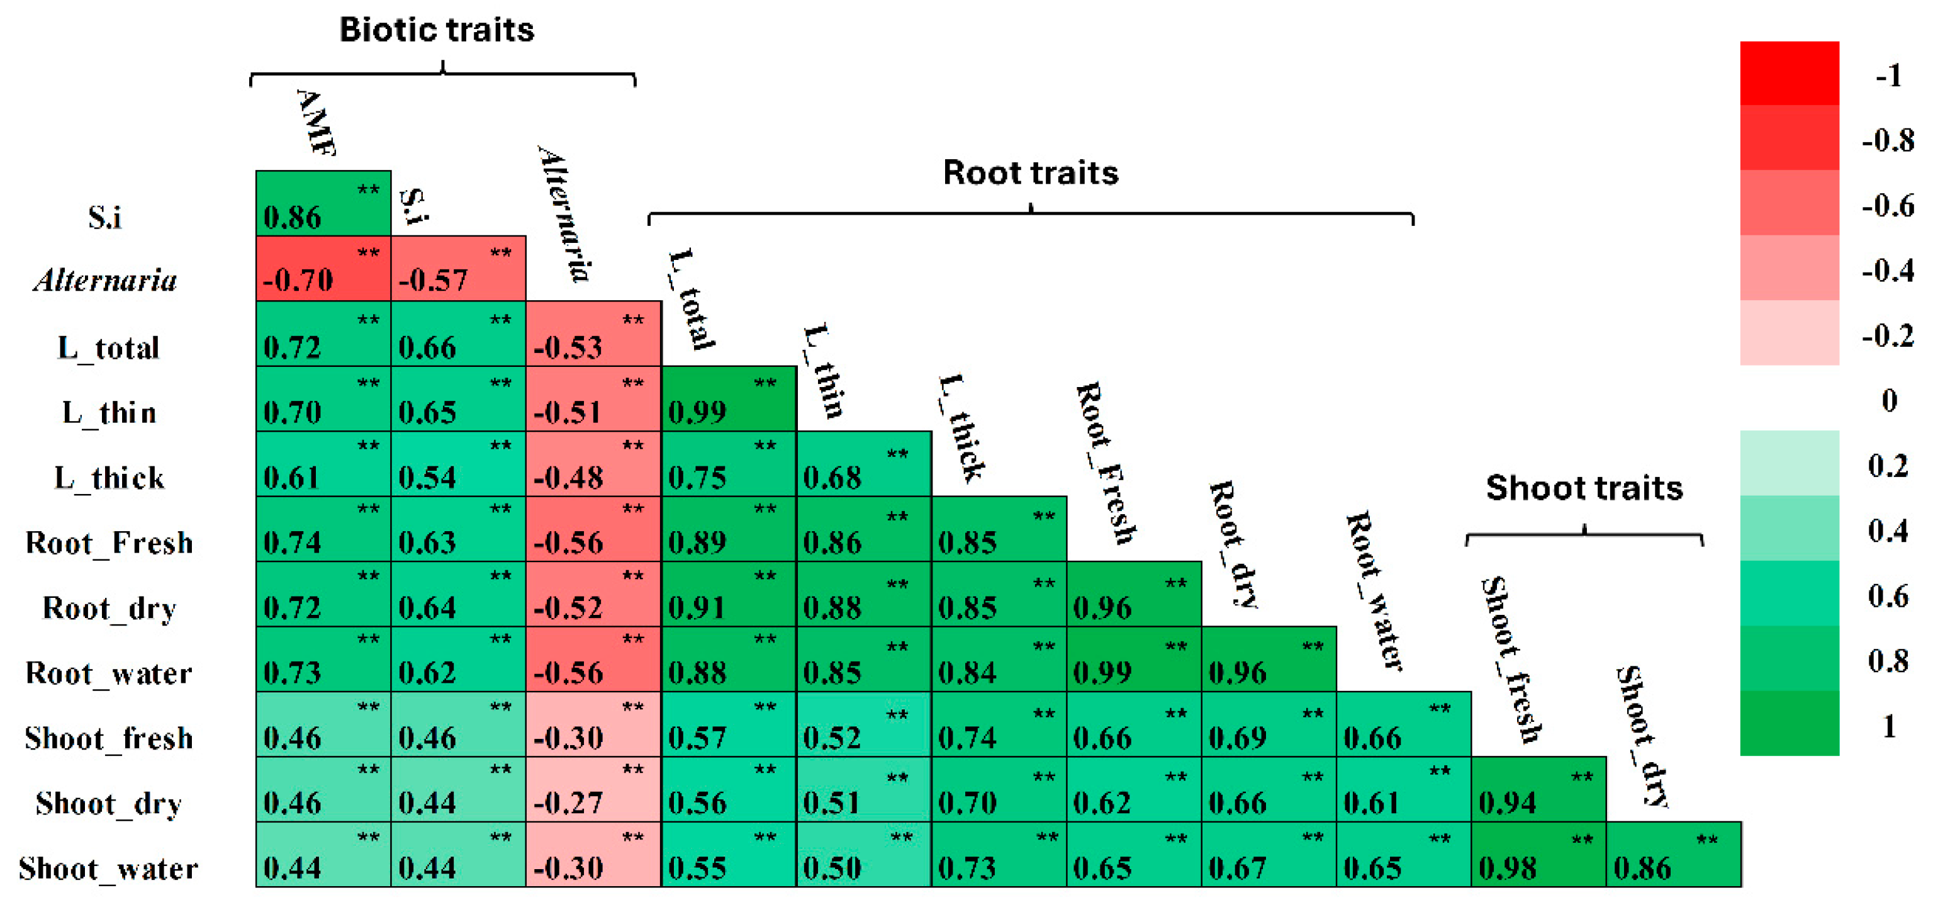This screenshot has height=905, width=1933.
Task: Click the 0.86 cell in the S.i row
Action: click(323, 203)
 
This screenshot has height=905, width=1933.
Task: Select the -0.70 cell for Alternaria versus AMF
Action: click(323, 269)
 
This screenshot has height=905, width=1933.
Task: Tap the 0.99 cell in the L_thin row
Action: click(728, 398)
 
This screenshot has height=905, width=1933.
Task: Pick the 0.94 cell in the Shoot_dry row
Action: click(1538, 789)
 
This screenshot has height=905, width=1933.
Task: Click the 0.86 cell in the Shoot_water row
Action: click(1673, 855)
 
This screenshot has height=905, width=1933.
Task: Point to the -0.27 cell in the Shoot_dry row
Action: click(593, 789)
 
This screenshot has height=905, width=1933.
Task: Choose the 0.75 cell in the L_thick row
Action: click(728, 464)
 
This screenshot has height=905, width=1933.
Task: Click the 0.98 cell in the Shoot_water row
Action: click(1538, 855)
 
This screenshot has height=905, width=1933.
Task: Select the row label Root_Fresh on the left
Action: click(109, 542)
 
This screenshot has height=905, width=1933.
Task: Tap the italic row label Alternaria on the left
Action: click(105, 281)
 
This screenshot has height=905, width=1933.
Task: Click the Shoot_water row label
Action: click(109, 869)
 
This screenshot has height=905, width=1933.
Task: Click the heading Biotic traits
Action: click(437, 30)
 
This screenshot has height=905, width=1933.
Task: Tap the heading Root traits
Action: click(1030, 172)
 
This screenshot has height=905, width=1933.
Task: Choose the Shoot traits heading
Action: click(1584, 488)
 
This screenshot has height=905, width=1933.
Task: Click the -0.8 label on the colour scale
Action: click(1887, 140)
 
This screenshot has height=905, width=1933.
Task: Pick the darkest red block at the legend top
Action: click(1789, 73)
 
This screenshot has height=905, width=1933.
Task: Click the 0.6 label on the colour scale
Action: click(1887, 596)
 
